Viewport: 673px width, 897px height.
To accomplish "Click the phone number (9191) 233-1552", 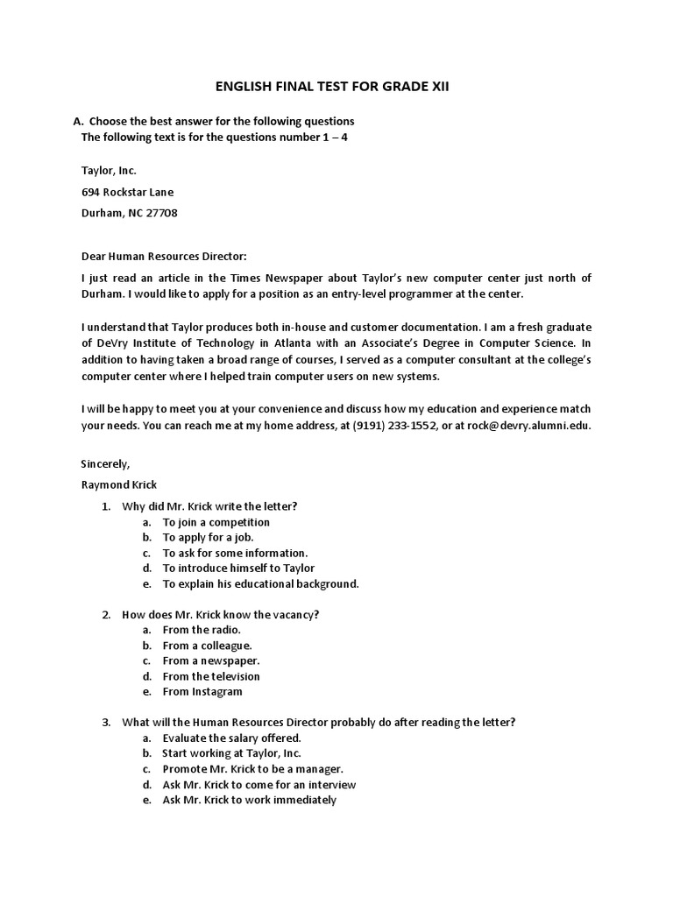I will click(x=394, y=426).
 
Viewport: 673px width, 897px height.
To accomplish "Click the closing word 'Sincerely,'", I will click(x=105, y=463).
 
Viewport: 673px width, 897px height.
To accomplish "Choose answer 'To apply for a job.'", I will click(x=208, y=538).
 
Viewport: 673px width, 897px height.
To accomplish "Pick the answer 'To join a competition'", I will click(x=216, y=522).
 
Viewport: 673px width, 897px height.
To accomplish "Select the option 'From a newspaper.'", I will click(x=211, y=660).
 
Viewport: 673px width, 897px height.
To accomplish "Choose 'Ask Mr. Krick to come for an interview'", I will click(x=259, y=784).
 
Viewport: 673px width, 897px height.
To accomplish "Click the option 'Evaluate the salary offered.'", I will click(x=231, y=738).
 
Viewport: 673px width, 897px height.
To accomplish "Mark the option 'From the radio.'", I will click(x=202, y=630).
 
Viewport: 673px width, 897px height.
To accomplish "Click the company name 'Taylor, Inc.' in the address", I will click(x=109, y=170).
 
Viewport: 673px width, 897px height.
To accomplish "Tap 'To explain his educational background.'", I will click(x=260, y=583).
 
